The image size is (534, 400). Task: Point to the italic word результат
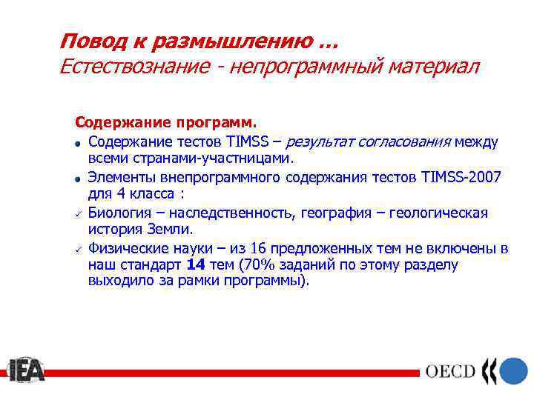tap(321, 141)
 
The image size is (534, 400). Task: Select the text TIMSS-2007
tap(460, 177)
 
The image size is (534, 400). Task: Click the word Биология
tap(120, 213)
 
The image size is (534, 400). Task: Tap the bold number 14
tap(196, 264)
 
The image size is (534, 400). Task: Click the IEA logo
tap(27, 370)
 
